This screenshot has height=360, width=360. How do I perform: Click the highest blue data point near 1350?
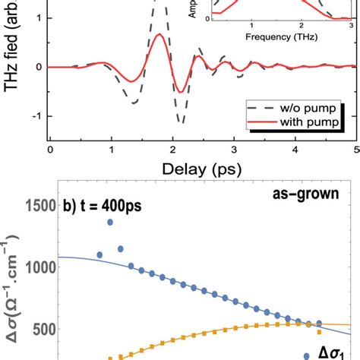coord(110,222)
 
